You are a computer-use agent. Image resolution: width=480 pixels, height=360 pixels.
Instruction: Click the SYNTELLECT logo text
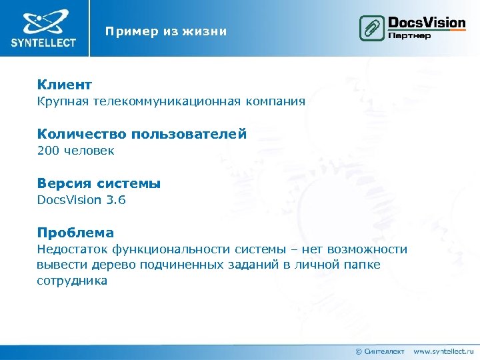coord(43,43)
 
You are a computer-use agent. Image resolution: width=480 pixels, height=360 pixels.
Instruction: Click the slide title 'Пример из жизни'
coord(165,31)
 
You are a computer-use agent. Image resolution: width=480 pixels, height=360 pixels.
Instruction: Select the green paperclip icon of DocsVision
coord(371,29)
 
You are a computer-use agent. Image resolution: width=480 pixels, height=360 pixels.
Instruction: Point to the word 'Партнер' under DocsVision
coord(409,35)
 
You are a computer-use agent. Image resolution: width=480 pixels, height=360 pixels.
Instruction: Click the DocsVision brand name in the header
coord(427,22)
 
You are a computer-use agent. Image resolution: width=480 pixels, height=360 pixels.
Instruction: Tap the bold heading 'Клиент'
coord(65,85)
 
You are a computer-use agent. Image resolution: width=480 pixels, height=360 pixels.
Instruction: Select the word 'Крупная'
coord(63,101)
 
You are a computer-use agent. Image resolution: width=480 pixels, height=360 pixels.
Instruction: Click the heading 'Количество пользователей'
coord(142,134)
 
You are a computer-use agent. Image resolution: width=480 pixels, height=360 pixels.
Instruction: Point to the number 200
coord(48,151)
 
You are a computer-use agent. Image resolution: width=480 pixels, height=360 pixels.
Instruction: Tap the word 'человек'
coord(89,151)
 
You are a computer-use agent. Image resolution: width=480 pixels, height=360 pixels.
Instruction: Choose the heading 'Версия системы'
coord(99,183)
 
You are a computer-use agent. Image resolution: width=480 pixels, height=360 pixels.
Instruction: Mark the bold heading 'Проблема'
coord(75,233)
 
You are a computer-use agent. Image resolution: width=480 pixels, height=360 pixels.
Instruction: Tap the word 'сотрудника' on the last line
coord(72,281)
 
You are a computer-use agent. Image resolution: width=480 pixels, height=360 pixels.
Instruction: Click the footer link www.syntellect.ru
coord(443,351)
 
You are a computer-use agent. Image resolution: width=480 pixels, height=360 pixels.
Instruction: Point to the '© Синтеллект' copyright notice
coord(379,351)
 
